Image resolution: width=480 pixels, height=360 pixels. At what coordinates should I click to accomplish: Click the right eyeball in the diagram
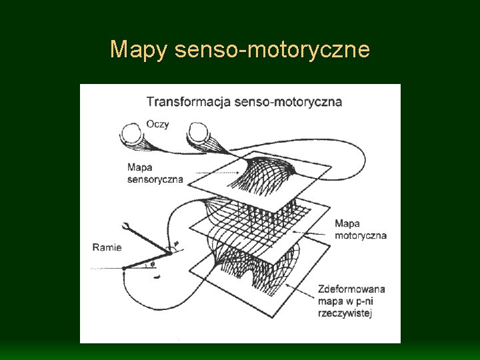[199, 134]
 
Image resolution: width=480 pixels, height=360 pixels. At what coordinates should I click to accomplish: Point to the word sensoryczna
[155, 179]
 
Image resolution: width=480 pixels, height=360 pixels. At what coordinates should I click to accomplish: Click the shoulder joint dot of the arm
[125, 268]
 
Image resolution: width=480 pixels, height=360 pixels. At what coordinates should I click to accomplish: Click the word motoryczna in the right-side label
[361, 235]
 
